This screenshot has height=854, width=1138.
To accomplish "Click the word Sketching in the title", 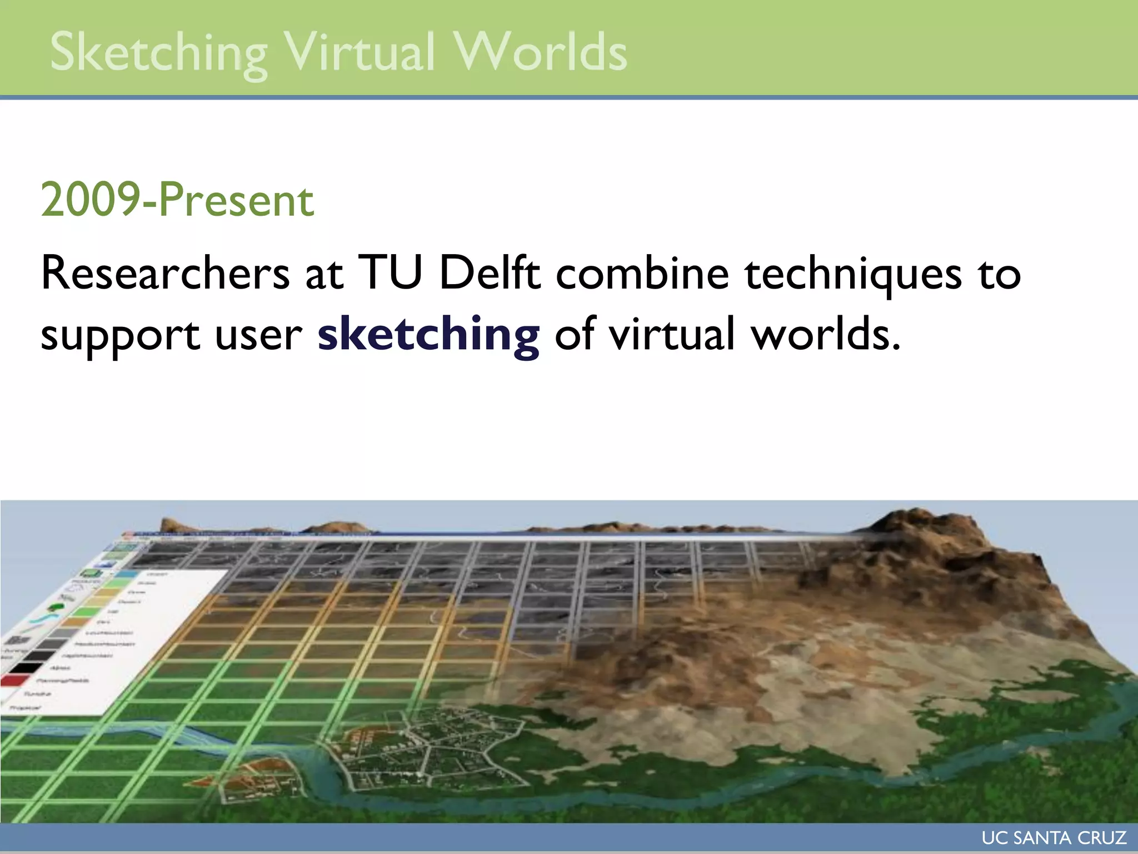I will point(158,53).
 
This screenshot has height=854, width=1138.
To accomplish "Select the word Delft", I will point(489,273).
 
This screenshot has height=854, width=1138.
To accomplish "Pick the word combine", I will point(642,273).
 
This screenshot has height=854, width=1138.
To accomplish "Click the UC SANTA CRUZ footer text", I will point(1054,838).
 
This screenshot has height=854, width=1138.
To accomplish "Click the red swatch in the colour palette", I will point(16,680).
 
